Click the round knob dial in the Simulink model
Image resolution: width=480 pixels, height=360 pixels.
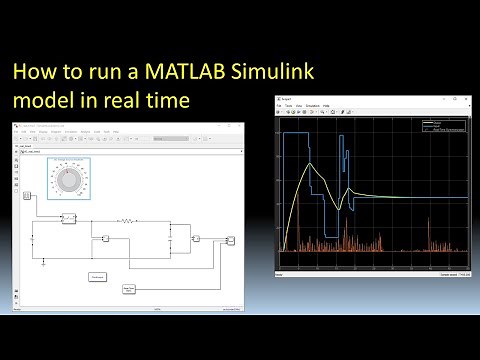pyautogui.click(x=69, y=180)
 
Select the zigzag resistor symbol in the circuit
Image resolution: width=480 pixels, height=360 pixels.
pyautogui.click(x=128, y=220)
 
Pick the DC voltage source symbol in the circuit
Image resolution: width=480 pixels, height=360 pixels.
pyautogui.click(x=32, y=238)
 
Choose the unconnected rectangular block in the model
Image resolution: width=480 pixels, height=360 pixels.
pyautogui.click(x=98, y=276)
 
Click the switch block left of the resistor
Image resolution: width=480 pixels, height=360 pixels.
pyautogui.click(x=69, y=217)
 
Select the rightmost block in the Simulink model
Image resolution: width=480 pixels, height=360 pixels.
pyautogui.click(x=231, y=241)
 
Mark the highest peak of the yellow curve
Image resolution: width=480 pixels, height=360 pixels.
pyautogui.click(x=312, y=164)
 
